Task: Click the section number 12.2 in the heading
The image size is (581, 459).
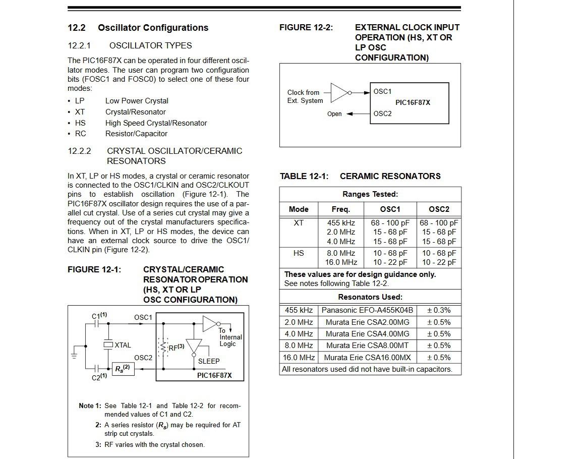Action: tap(77, 28)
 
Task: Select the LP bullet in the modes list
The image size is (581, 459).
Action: tap(80, 101)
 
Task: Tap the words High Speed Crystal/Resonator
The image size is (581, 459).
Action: tap(156, 123)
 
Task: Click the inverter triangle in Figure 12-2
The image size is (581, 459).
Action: tap(339, 92)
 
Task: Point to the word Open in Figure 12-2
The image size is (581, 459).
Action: tap(334, 114)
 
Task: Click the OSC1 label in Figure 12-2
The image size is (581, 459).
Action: tap(382, 92)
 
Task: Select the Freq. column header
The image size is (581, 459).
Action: tap(340, 209)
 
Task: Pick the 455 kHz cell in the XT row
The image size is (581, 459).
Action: tap(341, 223)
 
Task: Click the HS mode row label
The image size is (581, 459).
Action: tap(299, 253)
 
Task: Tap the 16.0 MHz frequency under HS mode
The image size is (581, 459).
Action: tap(341, 262)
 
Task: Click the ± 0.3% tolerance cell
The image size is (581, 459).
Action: tap(438, 310)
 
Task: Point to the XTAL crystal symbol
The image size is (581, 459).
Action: tap(108, 345)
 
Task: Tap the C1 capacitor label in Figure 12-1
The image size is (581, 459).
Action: tap(99, 316)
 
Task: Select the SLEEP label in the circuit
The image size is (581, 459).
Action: tap(209, 361)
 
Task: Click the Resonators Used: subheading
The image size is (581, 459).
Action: tap(370, 297)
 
